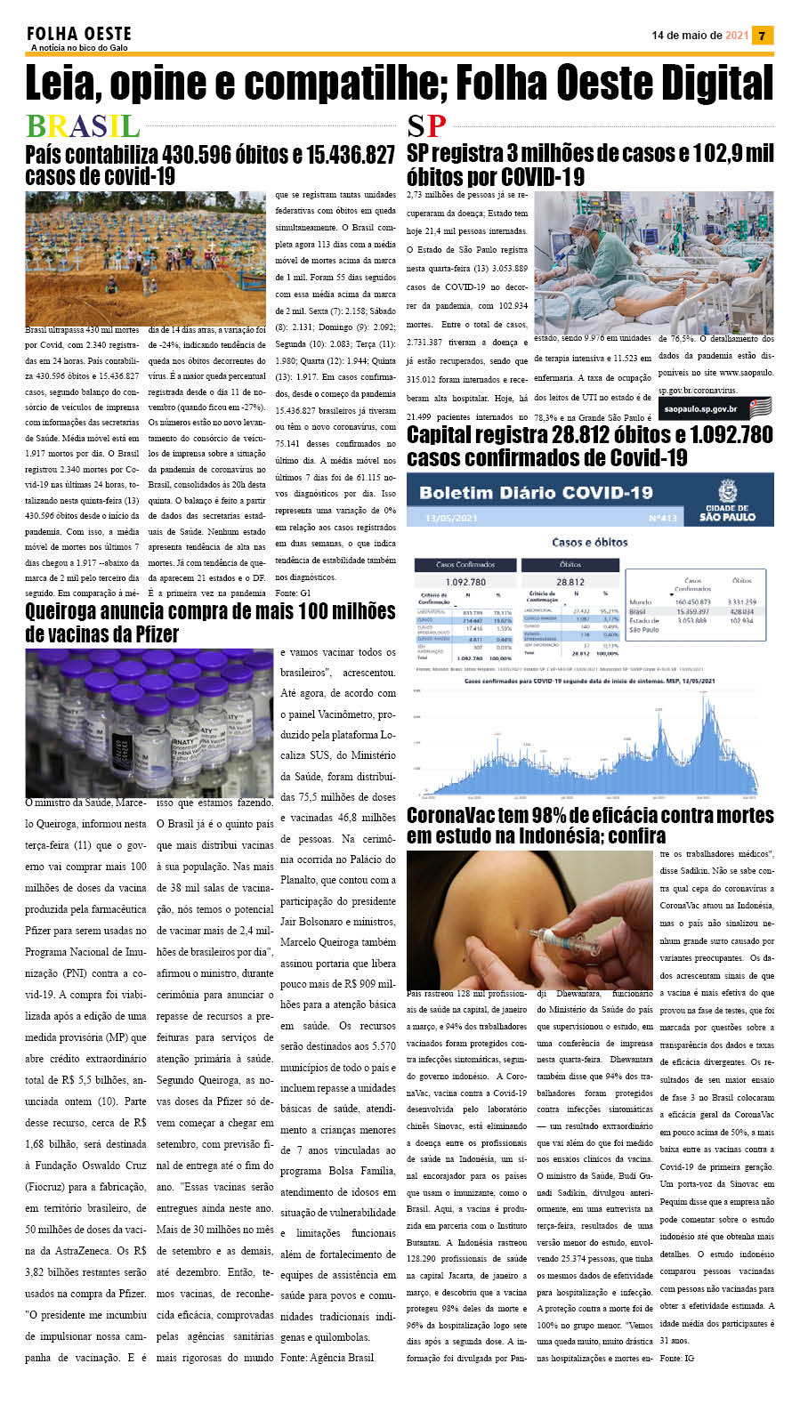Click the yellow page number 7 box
pyautogui.click(x=763, y=36)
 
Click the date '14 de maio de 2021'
pyautogui.click(x=699, y=36)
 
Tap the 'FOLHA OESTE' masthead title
pyautogui.click(x=79, y=34)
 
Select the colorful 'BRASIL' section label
pyautogui.click(x=83, y=126)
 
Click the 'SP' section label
pyautogui.click(x=426, y=126)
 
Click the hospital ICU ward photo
pyautogui.click(x=653, y=262)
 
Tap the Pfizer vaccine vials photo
pyautogui.click(x=149, y=722)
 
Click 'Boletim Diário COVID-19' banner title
pyautogui.click(x=536, y=493)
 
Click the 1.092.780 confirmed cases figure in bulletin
pyautogui.click(x=465, y=582)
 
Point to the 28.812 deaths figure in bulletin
pyautogui.click(x=570, y=582)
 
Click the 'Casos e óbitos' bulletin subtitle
pyautogui.click(x=589, y=542)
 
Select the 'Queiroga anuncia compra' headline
pyautogui.click(x=210, y=622)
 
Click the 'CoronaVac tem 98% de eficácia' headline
pyautogui.click(x=589, y=825)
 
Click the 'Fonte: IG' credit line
pyautogui.click(x=676, y=1358)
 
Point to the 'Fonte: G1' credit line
pyautogui.click(x=293, y=593)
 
